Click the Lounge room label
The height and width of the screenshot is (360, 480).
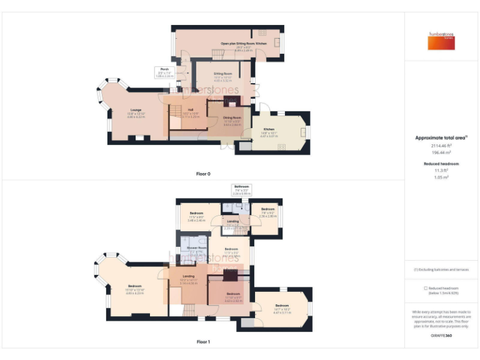tap(135, 113)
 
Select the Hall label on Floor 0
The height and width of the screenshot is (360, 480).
tap(191, 110)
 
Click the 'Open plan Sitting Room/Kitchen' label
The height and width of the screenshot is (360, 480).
tap(244, 43)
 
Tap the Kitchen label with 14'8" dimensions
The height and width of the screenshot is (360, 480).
tap(268, 131)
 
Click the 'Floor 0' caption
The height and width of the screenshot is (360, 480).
tap(203, 173)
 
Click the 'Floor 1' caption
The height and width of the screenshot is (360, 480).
tap(203, 342)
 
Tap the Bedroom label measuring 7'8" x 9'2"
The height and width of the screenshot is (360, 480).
tap(268, 209)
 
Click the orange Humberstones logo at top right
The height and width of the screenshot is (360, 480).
tap(441, 41)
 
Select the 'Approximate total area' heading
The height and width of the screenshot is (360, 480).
tap(441, 137)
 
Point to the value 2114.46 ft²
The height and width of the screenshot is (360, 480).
tap(441, 145)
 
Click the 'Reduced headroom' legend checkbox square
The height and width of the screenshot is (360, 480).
tap(425, 288)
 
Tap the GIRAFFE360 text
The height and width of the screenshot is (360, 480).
tap(441, 336)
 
